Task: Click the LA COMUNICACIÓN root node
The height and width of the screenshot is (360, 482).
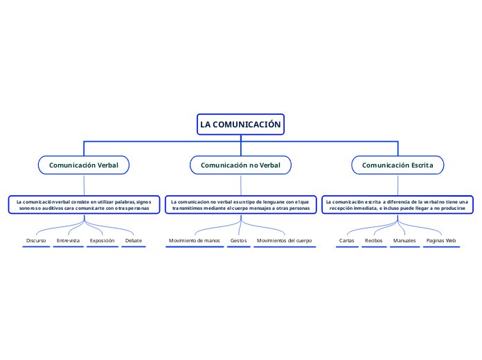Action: [240, 125]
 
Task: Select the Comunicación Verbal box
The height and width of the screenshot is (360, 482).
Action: [83, 165]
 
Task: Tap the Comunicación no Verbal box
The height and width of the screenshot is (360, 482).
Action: [240, 165]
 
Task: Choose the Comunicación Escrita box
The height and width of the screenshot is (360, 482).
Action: [398, 165]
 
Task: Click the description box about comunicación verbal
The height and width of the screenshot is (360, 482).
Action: [83, 204]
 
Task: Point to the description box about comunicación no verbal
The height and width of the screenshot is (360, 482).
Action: [240, 204]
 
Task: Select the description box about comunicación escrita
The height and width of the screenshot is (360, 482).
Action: [398, 204]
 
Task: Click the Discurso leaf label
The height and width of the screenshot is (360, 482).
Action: [36, 241]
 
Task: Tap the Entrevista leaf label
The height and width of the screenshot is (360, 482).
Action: [68, 241]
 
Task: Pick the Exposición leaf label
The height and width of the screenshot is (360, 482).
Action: [102, 241]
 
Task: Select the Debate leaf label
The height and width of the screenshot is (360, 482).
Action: [134, 241]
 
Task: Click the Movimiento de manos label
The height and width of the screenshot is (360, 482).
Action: [195, 241]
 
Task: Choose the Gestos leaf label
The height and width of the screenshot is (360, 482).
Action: [238, 241]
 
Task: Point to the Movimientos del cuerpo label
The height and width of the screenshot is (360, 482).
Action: [284, 241]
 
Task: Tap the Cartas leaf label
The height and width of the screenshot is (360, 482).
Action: [347, 241]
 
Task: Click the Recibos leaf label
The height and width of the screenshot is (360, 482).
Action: [373, 241]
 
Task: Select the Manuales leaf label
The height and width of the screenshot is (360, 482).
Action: [404, 241]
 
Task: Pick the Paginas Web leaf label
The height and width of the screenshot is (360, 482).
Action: [441, 241]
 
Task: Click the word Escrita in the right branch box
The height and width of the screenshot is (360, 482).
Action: [420, 165]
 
